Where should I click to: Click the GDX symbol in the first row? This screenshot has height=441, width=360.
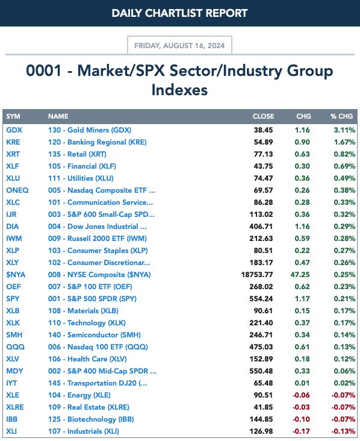tap(14, 130)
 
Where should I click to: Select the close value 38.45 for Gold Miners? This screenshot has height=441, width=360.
tap(263, 130)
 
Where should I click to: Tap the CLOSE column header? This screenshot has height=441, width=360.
tap(263, 116)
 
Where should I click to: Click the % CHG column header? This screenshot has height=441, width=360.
tap(341, 116)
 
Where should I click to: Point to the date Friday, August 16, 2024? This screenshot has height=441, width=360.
tap(179, 46)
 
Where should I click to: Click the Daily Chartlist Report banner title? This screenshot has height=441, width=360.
tap(179, 13)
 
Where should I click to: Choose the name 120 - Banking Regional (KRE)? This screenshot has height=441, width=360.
tap(98, 142)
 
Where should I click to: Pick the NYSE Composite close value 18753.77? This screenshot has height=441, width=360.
tap(257, 275)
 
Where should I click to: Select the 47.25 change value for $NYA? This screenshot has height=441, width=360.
tap(300, 275)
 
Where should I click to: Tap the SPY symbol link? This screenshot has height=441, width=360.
tap(13, 299)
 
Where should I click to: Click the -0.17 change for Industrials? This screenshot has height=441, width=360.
tap(301, 431)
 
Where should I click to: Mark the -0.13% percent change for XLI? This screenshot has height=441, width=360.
tap(343, 431)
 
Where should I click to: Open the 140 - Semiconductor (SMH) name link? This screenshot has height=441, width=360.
tap(95, 335)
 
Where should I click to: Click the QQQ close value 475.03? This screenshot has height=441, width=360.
tap(261, 347)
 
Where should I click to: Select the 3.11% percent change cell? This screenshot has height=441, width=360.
tap(344, 130)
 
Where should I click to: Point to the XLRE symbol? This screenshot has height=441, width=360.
tap(15, 407)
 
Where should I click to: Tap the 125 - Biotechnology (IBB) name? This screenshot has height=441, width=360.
tap(91, 419)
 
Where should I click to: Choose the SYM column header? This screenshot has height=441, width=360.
tap(13, 116)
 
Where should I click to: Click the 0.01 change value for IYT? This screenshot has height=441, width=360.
tap(302, 383)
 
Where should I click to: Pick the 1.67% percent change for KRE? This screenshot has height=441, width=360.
tap(344, 142)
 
